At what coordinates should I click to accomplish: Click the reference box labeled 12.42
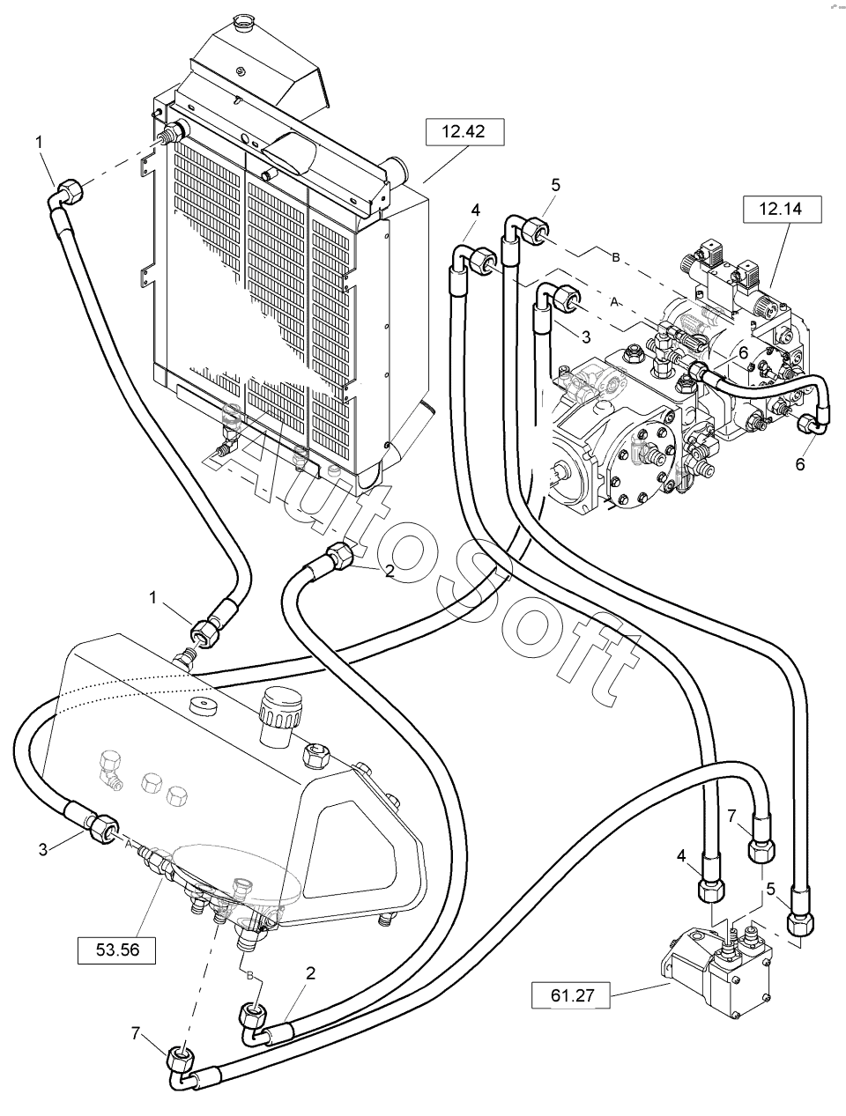point(465,132)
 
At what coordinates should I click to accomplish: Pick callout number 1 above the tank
point(154,597)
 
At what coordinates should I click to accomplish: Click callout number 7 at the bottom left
point(136,1032)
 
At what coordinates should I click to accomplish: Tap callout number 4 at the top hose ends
point(476,211)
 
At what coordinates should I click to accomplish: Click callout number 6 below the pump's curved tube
point(800,464)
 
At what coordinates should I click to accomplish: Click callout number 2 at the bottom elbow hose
point(310,972)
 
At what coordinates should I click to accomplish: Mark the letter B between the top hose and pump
point(615,256)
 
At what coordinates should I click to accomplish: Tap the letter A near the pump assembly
point(615,300)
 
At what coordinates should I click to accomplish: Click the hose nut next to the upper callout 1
point(69,188)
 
